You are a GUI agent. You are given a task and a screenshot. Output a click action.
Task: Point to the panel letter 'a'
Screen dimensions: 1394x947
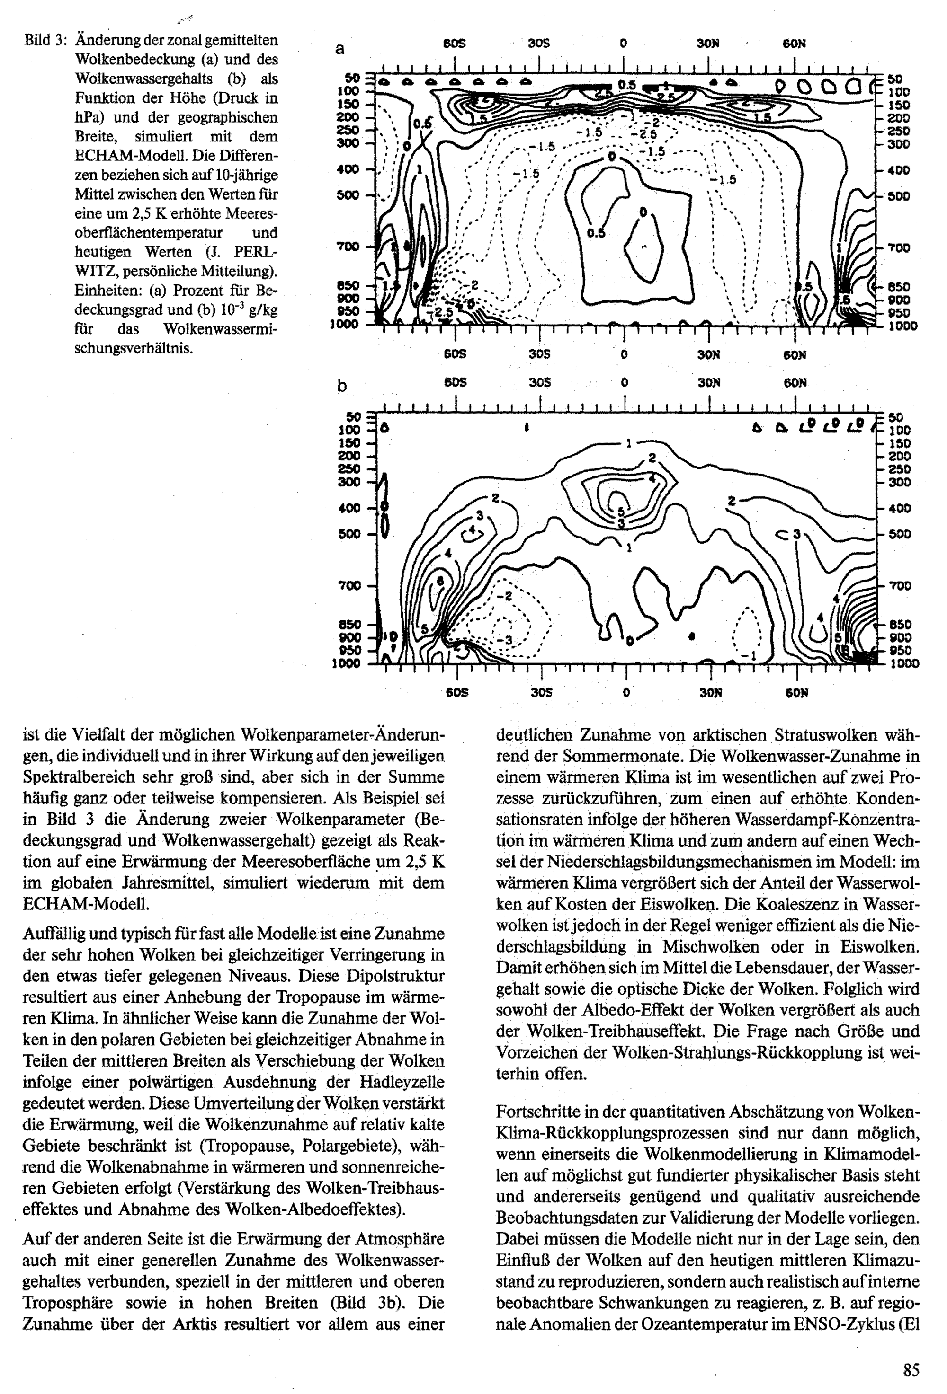[339, 49]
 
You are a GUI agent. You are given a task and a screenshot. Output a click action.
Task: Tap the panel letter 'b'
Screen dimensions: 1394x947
[341, 387]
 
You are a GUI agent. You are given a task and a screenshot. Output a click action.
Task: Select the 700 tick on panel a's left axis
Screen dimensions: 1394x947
[348, 247]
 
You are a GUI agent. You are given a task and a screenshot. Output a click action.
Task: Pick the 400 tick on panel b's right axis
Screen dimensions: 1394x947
[900, 509]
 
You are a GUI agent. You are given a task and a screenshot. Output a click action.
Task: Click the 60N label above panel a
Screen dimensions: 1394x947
[794, 44]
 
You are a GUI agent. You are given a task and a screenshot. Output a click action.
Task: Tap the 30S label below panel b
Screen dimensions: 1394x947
[541, 693]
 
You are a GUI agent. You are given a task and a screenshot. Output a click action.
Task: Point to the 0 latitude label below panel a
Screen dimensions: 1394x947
[624, 354]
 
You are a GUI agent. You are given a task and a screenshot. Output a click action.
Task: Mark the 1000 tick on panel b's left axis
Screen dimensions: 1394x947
[346, 663]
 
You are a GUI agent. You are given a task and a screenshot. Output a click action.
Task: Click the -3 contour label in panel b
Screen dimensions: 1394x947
[507, 640]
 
